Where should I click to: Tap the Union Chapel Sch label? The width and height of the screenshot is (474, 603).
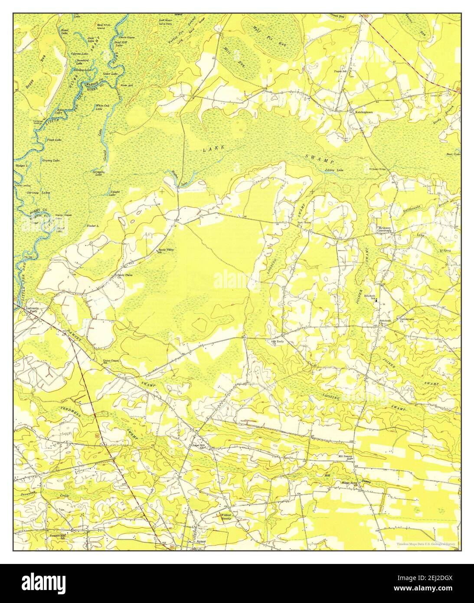(x=111, y=361)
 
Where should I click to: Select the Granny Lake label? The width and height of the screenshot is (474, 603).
(x=51, y=161)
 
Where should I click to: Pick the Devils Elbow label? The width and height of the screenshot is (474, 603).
(x=127, y=38)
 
